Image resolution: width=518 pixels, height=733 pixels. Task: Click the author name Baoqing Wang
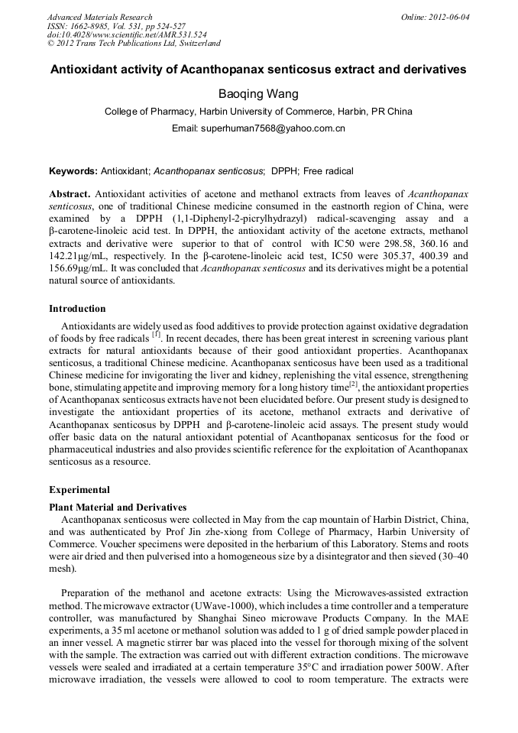258,93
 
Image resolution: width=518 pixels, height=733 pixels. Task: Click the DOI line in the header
127,35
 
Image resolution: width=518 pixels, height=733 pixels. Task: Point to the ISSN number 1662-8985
90,26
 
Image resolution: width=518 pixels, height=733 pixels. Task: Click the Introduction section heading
77,309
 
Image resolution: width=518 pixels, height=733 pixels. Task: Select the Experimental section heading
79,490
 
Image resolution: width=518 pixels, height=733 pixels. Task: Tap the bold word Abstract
70,194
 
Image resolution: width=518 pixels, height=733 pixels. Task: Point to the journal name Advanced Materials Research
99,17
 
